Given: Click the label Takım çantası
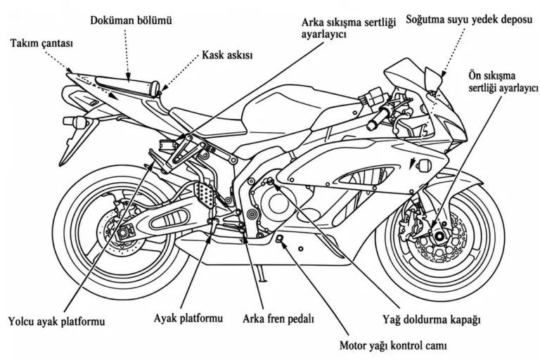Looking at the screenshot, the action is (41, 44).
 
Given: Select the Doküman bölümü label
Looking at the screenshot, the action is (131, 20).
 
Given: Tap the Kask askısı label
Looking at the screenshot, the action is (227, 55).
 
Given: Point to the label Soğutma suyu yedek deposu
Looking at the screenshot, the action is (469, 19).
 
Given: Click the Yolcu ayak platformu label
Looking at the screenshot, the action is (56, 322).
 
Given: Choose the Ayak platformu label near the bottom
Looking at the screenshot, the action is (188, 318).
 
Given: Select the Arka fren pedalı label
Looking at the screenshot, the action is (278, 319).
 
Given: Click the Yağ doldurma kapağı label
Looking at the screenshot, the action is (432, 319).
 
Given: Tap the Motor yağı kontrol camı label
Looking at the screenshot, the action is (393, 345).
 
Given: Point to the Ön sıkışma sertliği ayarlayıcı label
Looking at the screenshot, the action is (503, 82).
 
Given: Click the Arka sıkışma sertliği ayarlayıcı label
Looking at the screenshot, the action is (349, 28).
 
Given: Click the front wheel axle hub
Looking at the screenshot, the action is (439, 236).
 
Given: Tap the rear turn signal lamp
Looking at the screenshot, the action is (75, 122).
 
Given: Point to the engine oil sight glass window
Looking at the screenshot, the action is (280, 238).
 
